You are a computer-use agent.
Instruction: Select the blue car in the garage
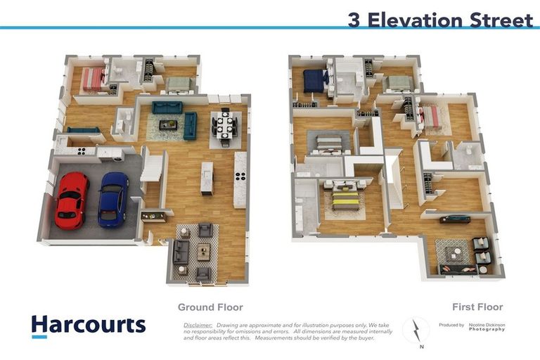(112, 199)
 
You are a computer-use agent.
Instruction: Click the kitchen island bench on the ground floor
(207, 178)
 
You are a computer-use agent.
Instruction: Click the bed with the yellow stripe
(345, 198)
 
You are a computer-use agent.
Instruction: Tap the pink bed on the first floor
(431, 115)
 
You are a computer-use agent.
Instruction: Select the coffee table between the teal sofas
(167, 124)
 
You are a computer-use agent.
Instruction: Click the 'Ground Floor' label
(210, 307)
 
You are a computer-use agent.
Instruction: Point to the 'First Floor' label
(477, 307)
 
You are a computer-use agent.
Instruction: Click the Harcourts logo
(88, 325)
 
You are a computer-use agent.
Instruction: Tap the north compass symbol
(416, 330)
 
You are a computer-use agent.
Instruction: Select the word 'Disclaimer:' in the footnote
(198, 326)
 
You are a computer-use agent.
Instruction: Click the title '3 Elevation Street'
(440, 20)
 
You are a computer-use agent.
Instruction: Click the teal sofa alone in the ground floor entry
(83, 130)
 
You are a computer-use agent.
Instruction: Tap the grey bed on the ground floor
(179, 84)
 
